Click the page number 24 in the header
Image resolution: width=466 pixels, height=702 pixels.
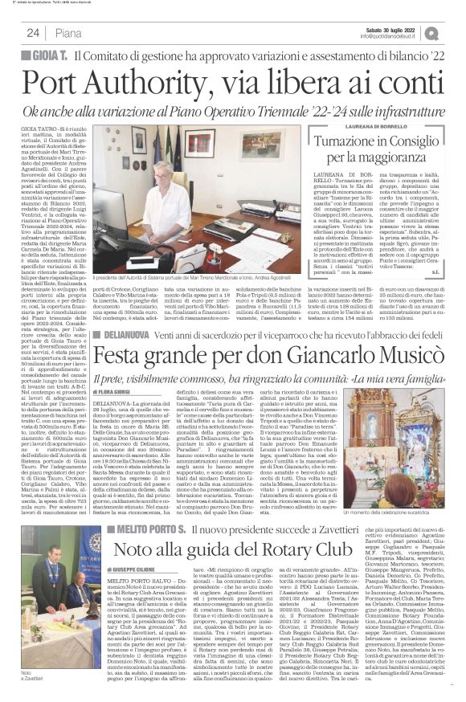[x=33, y=32]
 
